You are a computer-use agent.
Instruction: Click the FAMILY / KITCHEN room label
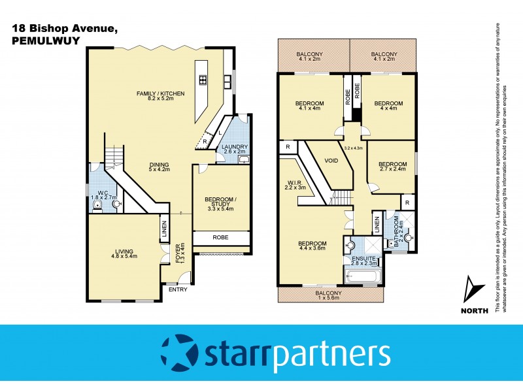tap(160, 94)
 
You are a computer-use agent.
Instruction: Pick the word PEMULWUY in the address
tap(39, 40)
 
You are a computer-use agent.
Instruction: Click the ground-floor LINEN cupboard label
tap(163, 231)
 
